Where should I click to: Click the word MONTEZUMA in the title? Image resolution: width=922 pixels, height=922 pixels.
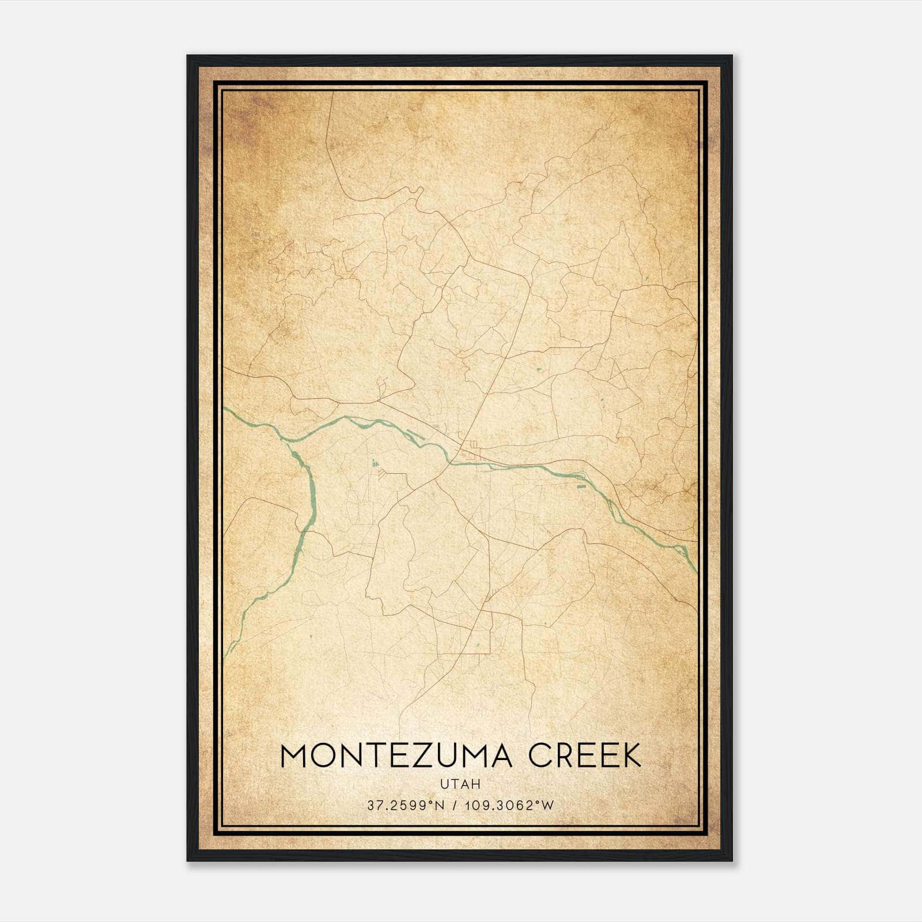396,756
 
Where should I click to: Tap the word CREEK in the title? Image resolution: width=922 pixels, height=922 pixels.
585,756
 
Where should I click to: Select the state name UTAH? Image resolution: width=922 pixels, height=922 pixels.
460,784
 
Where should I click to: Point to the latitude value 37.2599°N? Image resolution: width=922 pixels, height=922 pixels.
406,806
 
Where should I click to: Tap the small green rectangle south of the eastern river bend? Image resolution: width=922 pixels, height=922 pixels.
581,487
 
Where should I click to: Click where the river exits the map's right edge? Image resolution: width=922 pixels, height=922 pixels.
696,571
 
